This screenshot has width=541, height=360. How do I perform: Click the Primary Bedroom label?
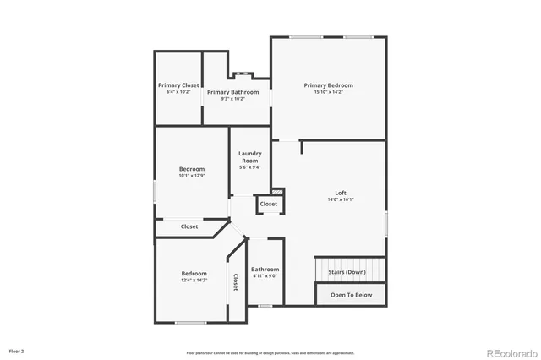tap(329, 85)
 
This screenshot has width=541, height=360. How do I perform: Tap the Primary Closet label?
tap(178, 85)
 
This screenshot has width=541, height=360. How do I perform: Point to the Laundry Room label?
tap(249, 157)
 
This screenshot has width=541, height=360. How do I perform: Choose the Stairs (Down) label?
tap(347, 272)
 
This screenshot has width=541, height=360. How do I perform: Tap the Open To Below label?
tap(351, 295)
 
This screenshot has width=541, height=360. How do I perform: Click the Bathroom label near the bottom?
tap(265, 270)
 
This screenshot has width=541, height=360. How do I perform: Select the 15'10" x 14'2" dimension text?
tap(329, 92)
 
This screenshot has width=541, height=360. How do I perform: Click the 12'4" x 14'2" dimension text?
tap(194, 280)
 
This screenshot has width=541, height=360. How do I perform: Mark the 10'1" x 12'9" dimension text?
tap(192, 176)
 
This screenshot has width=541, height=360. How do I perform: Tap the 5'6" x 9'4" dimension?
tap(249, 167)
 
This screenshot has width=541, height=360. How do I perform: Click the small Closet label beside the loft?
tap(268, 205)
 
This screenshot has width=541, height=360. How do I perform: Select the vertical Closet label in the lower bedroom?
tap(234, 281)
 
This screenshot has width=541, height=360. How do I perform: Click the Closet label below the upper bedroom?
tap(189, 226)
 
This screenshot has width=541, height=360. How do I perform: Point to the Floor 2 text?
tap(17, 350)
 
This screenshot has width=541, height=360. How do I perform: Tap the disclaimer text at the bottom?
tap(270, 352)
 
